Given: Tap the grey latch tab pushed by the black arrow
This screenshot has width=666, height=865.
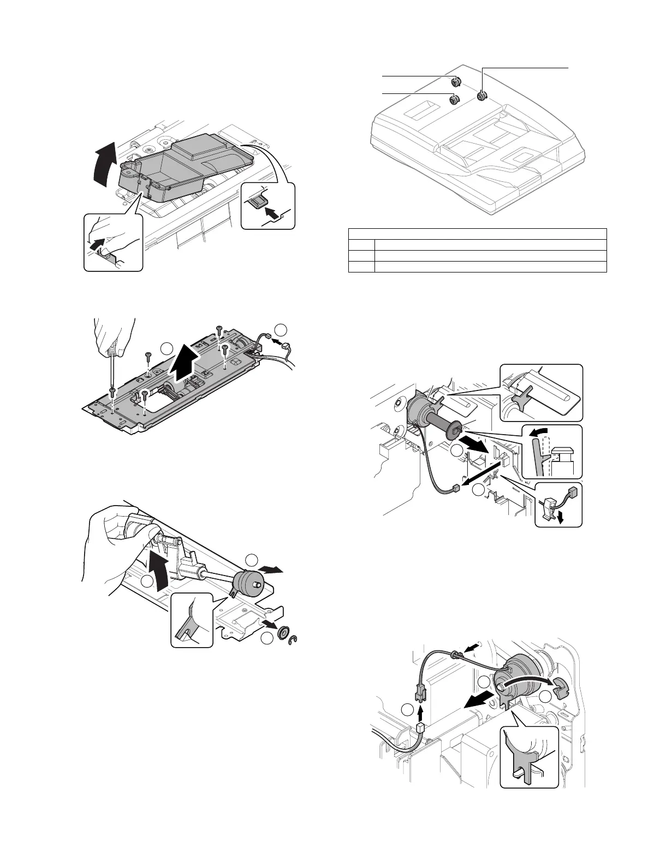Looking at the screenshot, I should [256, 203].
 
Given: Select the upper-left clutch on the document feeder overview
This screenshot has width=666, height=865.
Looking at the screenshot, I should [455, 82].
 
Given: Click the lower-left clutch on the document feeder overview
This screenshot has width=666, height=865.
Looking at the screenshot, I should [454, 100].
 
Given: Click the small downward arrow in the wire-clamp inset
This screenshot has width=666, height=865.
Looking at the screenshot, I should [559, 515].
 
